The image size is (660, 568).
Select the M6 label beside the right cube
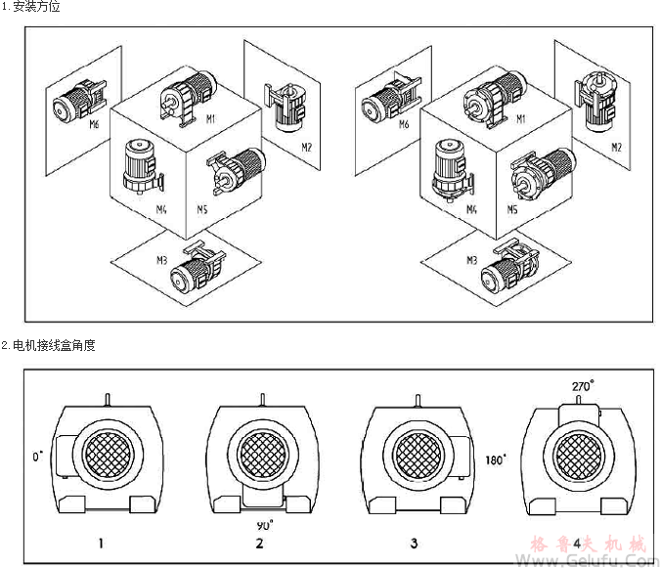pos(402,125)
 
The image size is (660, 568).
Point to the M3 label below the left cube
pos(162,260)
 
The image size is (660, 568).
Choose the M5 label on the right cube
pos(510,209)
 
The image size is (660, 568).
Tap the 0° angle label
pos(38,457)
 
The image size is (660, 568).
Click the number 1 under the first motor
pos(101,542)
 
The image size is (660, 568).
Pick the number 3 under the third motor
pos(415,542)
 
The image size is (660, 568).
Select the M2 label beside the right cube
pos(617,147)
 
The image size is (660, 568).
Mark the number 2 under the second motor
pos(260,543)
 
